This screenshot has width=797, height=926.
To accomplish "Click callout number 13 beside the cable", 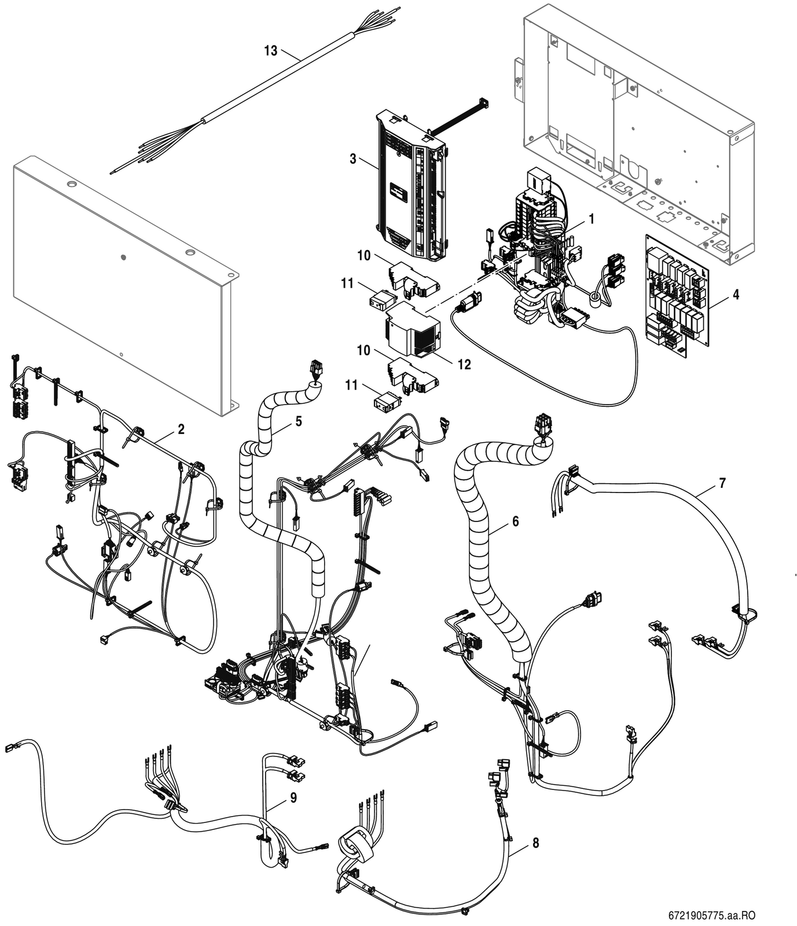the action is pyautogui.click(x=271, y=51).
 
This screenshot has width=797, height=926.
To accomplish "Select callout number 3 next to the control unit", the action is pyautogui.click(x=353, y=159).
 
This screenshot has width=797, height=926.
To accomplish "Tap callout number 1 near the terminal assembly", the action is pyautogui.click(x=592, y=219).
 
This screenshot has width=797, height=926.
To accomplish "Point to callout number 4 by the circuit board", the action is pyautogui.click(x=736, y=295).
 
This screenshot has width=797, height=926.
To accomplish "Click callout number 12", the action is pyautogui.click(x=464, y=365).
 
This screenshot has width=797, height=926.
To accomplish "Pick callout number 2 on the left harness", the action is pyautogui.click(x=181, y=429).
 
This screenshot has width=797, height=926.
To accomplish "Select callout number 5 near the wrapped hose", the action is pyautogui.click(x=299, y=421).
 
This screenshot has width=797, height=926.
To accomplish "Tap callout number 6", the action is pyautogui.click(x=515, y=521).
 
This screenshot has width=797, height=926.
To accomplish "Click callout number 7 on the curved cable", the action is pyautogui.click(x=722, y=483).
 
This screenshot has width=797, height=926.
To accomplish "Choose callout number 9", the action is pyautogui.click(x=293, y=798).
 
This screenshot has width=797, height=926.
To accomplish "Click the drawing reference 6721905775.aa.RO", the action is pyautogui.click(x=712, y=916).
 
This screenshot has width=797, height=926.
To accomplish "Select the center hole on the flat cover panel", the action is pyautogui.click(x=123, y=256).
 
